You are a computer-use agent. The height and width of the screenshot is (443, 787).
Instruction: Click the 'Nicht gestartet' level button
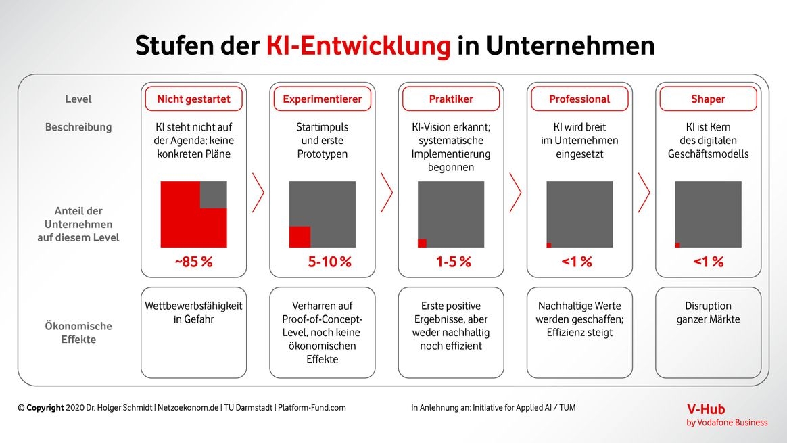coord(193,99)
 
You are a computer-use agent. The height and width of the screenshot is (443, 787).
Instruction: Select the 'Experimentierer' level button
coord(322,99)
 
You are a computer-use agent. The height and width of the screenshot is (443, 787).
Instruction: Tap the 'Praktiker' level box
coord(451,99)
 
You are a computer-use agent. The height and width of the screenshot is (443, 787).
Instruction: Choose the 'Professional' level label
coord(579,99)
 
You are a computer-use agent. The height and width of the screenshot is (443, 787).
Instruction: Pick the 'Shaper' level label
coord(708,99)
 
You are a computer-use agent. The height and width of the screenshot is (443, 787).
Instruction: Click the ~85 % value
coord(193,262)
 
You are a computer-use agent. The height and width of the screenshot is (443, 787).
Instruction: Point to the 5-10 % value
coord(330,262)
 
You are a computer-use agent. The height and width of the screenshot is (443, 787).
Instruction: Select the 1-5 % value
coord(453,262)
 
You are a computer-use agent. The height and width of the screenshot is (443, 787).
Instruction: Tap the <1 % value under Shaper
coord(708,262)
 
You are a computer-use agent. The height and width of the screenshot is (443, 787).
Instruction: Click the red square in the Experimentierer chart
coord(300,237)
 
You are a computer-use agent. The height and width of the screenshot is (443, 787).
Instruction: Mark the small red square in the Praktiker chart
coord(422,243)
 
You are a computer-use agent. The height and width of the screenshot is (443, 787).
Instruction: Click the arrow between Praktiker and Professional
coord(515,192)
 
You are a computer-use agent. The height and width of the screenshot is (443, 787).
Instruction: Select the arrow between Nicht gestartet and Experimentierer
coord(258,192)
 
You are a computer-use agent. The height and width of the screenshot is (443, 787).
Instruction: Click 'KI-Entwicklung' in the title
coord(358,46)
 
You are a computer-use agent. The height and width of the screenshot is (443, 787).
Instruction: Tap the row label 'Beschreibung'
coord(78,127)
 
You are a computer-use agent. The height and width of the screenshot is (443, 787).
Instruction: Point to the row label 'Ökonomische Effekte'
coord(78,333)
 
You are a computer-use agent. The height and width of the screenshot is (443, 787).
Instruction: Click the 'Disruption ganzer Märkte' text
coord(708,312)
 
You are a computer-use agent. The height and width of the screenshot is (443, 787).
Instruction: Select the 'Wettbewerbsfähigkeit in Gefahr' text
coord(193,312)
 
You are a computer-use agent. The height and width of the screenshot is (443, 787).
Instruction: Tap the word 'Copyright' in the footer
coord(45,408)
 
